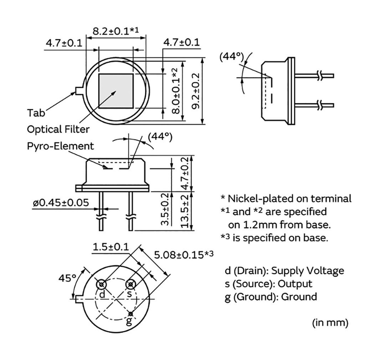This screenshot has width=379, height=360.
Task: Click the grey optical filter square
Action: [116, 91]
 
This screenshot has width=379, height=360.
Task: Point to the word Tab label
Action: [36, 112]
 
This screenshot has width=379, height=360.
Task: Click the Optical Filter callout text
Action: [58, 129]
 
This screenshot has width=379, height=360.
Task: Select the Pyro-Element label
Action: [61, 146]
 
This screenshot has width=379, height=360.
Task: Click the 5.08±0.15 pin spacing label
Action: [184, 255]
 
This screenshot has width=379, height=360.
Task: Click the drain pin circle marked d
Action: [101, 284]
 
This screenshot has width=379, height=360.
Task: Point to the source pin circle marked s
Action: [130, 284]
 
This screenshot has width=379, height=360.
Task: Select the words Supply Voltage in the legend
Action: [308, 271]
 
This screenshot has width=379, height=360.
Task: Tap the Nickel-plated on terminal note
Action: [289, 199]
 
